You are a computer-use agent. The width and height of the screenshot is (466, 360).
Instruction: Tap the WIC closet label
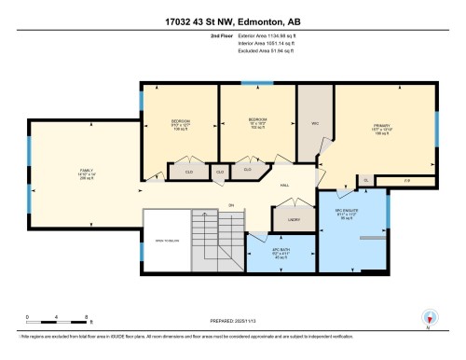314,122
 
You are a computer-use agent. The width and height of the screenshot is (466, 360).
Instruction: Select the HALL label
284,185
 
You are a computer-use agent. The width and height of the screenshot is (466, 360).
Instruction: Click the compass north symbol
429,317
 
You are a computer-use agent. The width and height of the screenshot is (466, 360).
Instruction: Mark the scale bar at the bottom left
57,322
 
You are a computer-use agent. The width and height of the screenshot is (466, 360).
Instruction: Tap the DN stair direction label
229,207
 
